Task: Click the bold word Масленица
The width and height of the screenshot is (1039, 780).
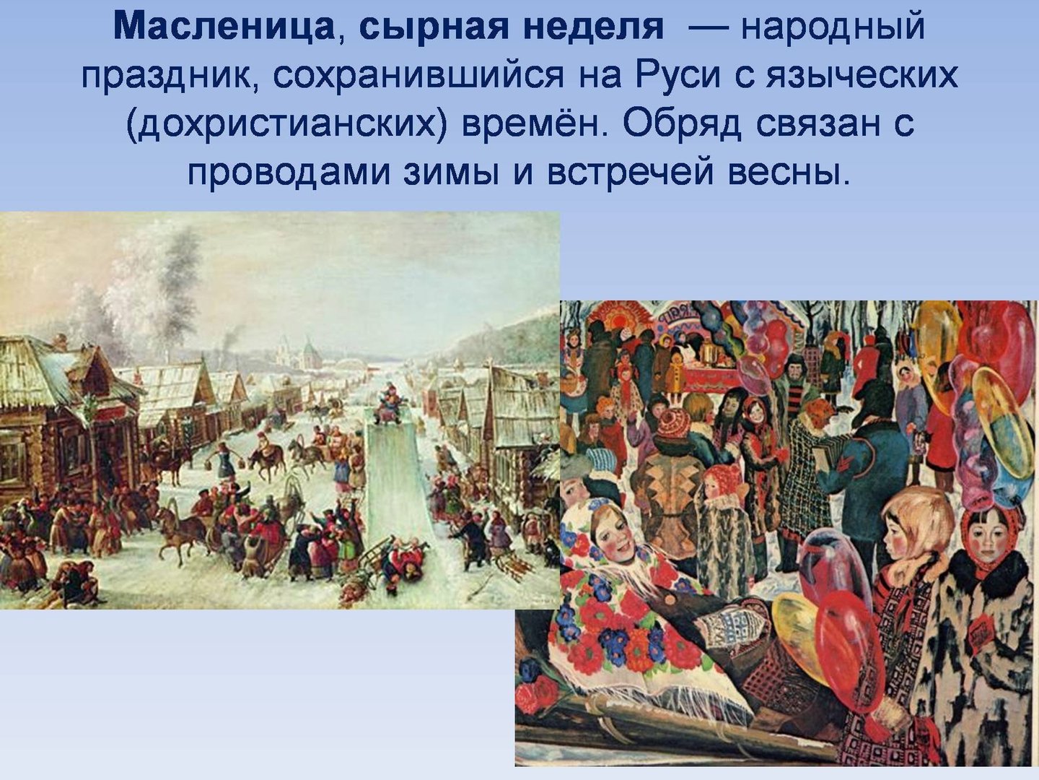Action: click(224, 27)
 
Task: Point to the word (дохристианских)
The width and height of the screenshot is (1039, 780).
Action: click(286, 124)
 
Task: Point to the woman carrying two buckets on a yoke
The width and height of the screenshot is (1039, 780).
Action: click(226, 460)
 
